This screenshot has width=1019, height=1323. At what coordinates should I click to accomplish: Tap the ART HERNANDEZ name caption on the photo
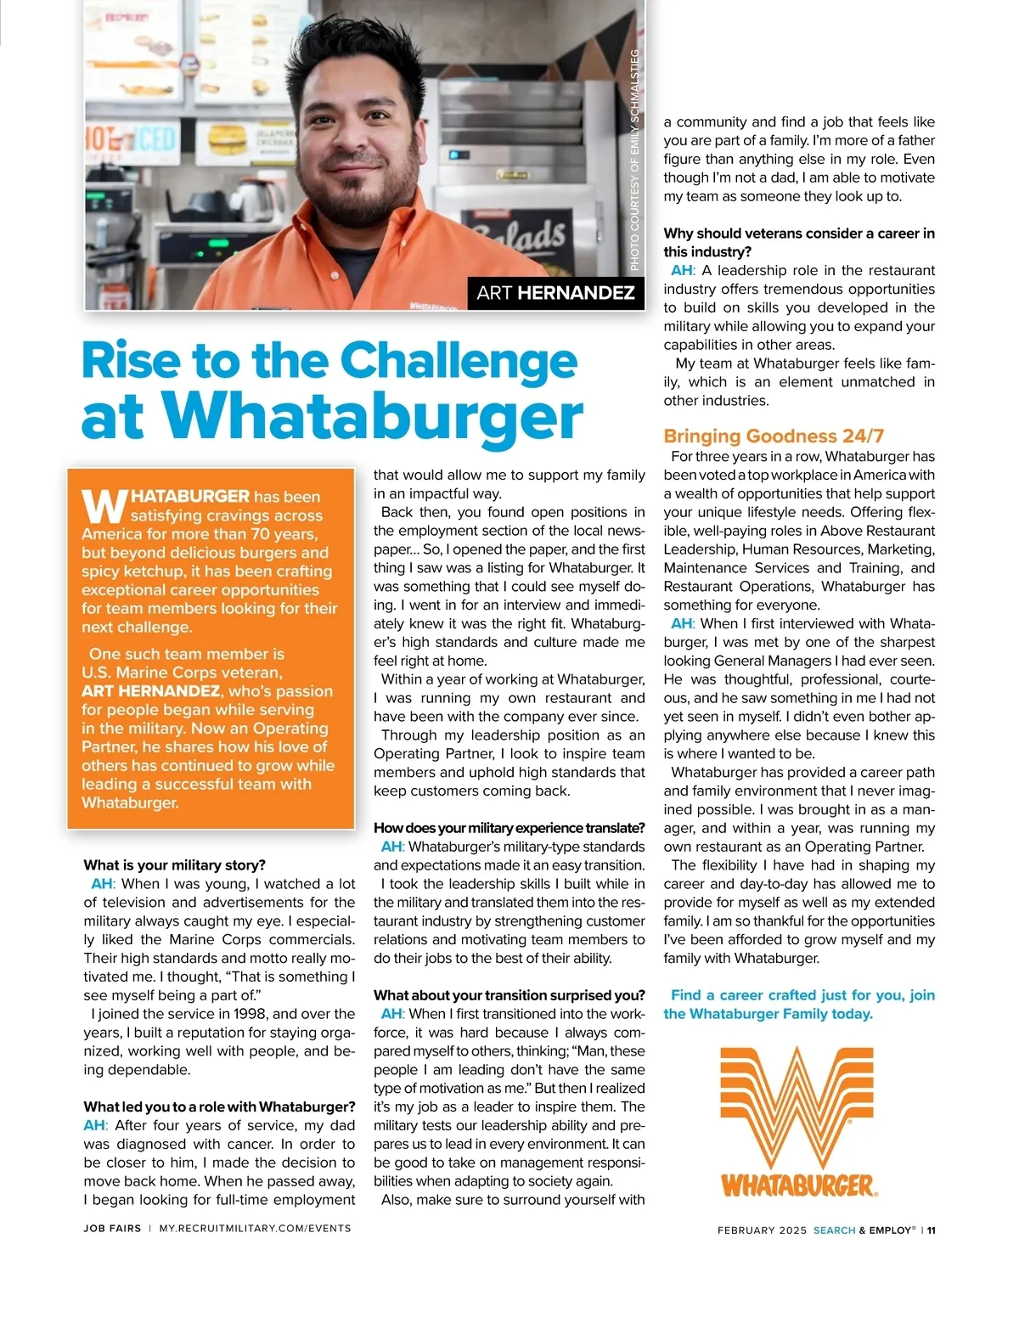coord(555,293)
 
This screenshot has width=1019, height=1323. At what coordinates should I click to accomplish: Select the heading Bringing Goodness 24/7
coord(774,436)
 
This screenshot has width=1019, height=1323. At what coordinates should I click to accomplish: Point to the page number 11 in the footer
coord(931,1230)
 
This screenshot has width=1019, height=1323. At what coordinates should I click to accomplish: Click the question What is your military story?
coord(174,865)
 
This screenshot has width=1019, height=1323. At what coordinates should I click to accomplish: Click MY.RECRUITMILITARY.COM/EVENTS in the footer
coord(255,1228)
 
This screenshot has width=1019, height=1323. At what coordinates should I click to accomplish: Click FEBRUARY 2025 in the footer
coord(762,1230)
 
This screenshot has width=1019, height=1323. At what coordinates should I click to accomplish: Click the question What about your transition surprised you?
coord(509,995)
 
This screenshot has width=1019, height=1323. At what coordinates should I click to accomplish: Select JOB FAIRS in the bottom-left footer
coord(112,1228)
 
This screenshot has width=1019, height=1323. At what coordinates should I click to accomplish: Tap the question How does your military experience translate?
coord(509,828)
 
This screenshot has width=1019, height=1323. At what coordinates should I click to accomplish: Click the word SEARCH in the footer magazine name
coord(834,1230)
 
